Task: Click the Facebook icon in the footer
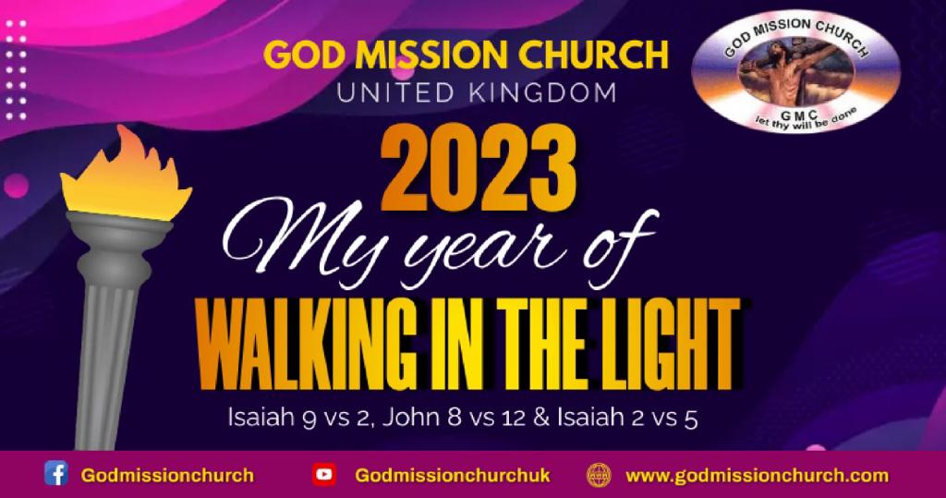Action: (56, 474)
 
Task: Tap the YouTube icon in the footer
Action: (324, 475)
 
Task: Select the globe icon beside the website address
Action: (599, 475)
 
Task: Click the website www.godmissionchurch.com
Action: (758, 476)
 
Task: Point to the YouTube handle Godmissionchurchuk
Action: (453, 476)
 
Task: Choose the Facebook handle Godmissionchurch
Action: (167, 476)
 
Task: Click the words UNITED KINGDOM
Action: (477, 93)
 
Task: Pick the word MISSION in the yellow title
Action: (433, 55)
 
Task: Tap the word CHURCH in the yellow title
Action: (593, 55)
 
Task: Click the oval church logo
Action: (795, 71)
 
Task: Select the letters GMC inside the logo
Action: (799, 115)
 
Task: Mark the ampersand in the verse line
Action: (541, 417)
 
